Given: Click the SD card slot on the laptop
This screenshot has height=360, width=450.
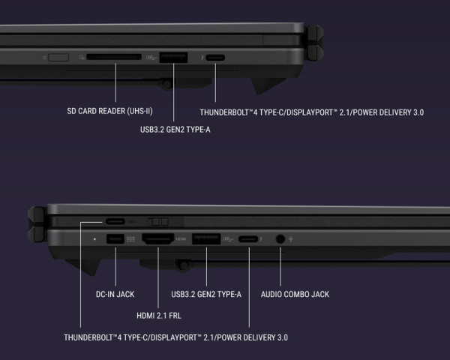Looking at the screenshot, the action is pyautogui.click(x=114, y=57).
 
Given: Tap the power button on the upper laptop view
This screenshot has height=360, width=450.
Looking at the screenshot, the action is pyautogui.click(x=58, y=58).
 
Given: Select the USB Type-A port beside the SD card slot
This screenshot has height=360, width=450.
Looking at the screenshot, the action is pyautogui.click(x=173, y=58).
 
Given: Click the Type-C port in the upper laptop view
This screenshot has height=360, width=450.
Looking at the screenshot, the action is pyautogui.click(x=215, y=58).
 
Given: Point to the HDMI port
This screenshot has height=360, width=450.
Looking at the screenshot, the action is pyautogui.click(x=157, y=238).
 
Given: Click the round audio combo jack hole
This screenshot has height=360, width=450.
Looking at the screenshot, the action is pyautogui.click(x=280, y=238).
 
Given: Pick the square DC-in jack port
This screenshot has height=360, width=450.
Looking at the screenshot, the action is pyautogui.click(x=115, y=238).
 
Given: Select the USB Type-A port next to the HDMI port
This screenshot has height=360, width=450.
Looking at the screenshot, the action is pyautogui.click(x=206, y=238).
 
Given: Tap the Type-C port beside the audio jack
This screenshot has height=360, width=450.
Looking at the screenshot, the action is pyautogui.click(x=248, y=238).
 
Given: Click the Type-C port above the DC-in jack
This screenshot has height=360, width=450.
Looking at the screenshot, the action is pyautogui.click(x=115, y=221).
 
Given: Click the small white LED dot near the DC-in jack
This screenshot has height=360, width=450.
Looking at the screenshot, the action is pyautogui.click(x=94, y=238).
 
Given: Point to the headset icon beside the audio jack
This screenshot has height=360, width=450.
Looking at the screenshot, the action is pyautogui.click(x=291, y=238).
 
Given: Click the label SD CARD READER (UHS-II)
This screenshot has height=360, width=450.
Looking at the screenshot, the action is pyautogui.click(x=109, y=111).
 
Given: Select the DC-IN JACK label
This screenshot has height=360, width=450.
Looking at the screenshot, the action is pyautogui.click(x=115, y=294).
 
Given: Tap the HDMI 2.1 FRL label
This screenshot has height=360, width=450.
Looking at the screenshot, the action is pyautogui.click(x=159, y=316).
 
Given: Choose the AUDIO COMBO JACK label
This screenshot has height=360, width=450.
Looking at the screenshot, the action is pyautogui.click(x=295, y=294).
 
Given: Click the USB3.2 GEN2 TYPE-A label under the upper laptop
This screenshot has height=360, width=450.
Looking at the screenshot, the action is pyautogui.click(x=175, y=130).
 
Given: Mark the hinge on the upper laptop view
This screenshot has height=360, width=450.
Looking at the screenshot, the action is pyautogui.click(x=314, y=43).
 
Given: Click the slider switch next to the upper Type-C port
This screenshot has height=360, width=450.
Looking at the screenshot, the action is pyautogui.click(x=158, y=222).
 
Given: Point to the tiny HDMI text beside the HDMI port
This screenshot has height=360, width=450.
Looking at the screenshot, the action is pyautogui.click(x=181, y=238).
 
